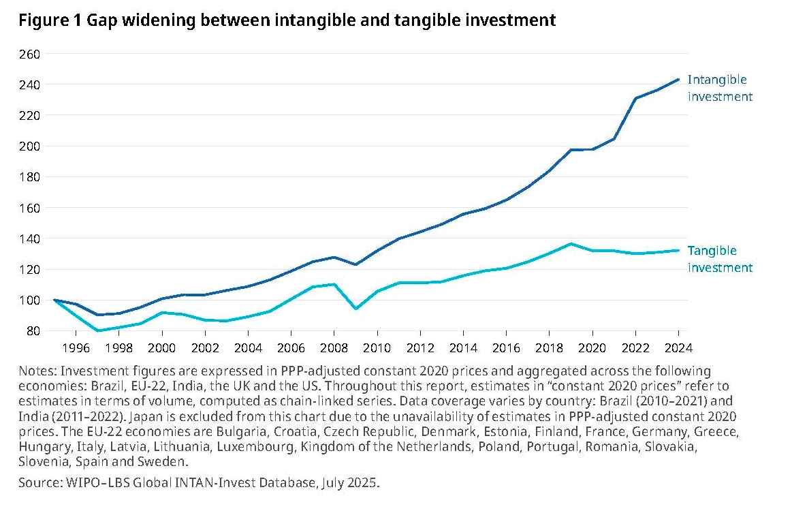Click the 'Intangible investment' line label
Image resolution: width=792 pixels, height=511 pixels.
point(720,88)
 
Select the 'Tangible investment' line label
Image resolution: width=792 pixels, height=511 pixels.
point(720,259)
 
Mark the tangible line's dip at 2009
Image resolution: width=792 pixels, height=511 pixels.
point(355,309)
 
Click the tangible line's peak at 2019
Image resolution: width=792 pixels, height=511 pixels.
point(571,244)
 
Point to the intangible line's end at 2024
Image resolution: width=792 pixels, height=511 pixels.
point(678,79)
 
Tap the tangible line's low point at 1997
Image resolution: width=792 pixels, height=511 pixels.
point(97,330)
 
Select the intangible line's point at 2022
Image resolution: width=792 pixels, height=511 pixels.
point(635,98)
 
